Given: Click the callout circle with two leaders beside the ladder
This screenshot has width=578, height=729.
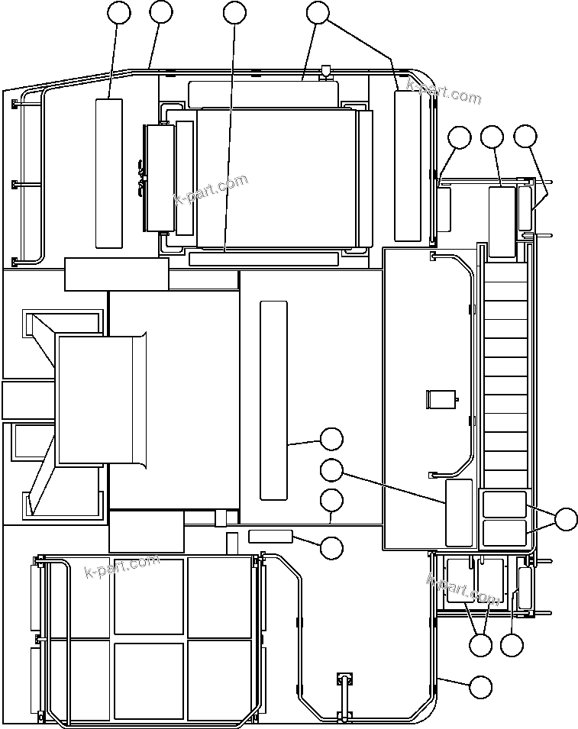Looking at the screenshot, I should point(566,520).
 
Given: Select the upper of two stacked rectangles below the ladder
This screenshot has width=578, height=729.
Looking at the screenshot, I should point(505,505).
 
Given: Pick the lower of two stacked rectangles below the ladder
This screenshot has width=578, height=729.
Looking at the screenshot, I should point(505,533).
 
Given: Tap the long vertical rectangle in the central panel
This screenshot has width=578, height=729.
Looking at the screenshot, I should point(273,400).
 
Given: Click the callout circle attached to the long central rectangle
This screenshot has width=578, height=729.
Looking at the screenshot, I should point(331,439).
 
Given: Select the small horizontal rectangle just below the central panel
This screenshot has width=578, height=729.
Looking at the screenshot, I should point(270,535).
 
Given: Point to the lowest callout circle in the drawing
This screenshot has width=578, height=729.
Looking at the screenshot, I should point(480,686).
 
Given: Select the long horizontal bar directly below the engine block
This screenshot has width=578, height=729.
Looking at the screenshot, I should point(263,260).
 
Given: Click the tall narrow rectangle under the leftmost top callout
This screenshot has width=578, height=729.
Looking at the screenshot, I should point(108,173).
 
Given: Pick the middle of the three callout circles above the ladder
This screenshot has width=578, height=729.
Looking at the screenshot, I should point(492,137).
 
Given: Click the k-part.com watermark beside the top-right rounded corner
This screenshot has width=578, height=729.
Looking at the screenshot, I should point(444,92).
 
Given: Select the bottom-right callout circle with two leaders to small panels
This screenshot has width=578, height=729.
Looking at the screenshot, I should point(480,645).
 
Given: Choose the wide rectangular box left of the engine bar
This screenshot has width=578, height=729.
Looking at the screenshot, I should point(116,274).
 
